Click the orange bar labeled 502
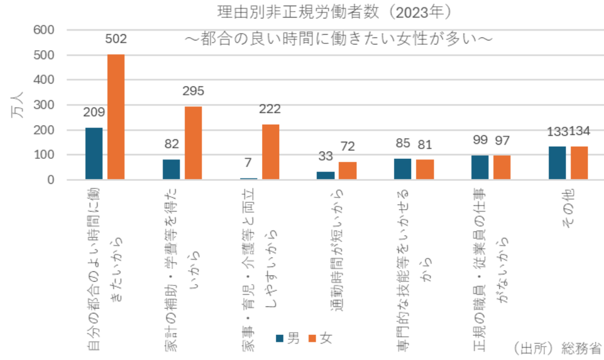coord(116,117)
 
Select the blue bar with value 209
coord(94,153)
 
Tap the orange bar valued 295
coord(193,143)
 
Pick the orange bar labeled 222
coord(271,152)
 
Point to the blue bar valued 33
coord(326,175)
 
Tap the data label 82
coord(172,145)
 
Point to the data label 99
coord(480,141)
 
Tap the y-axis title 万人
coord(16,105)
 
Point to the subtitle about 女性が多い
coord(340,38)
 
